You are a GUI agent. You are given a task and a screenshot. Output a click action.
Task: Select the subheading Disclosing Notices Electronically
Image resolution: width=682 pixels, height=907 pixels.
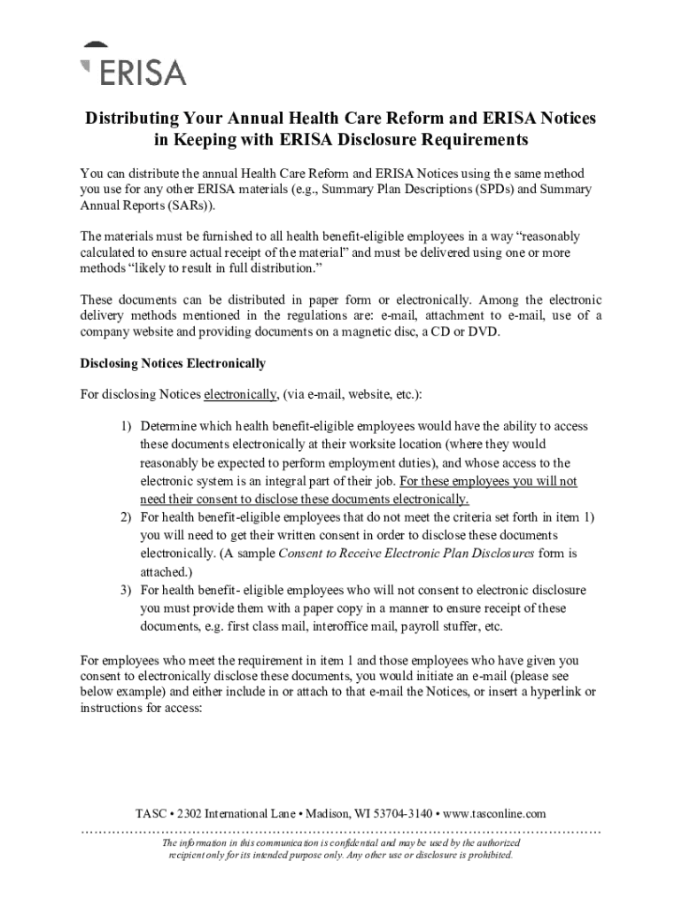click(173, 363)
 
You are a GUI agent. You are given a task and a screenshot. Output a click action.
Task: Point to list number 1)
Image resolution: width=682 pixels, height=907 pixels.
click(128, 426)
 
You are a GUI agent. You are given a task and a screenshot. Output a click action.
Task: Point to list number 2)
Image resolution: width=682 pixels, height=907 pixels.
click(128, 516)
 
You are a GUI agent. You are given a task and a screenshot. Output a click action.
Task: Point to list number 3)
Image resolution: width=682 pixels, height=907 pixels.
click(128, 589)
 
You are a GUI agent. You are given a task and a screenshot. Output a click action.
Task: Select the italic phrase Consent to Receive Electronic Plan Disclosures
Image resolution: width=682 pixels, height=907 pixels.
click(407, 554)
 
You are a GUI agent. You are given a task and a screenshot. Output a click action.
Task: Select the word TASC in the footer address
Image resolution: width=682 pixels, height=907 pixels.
click(151, 813)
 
